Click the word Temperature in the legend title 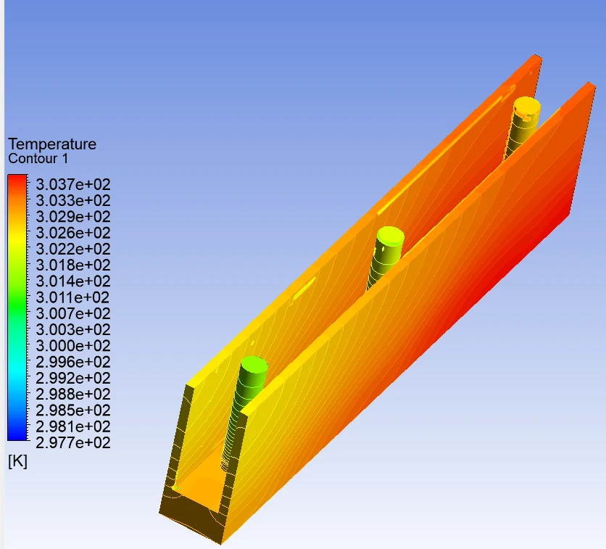pos(52,144)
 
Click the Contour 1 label pos(38,159)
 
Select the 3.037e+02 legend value pos(73,184)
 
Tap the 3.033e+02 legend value pos(73,201)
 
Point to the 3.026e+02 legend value pos(73,233)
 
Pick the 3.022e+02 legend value pos(73,249)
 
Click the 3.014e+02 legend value pos(73,281)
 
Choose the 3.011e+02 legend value pos(73,297)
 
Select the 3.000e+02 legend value pos(73,346)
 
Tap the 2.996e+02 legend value pos(73,363)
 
